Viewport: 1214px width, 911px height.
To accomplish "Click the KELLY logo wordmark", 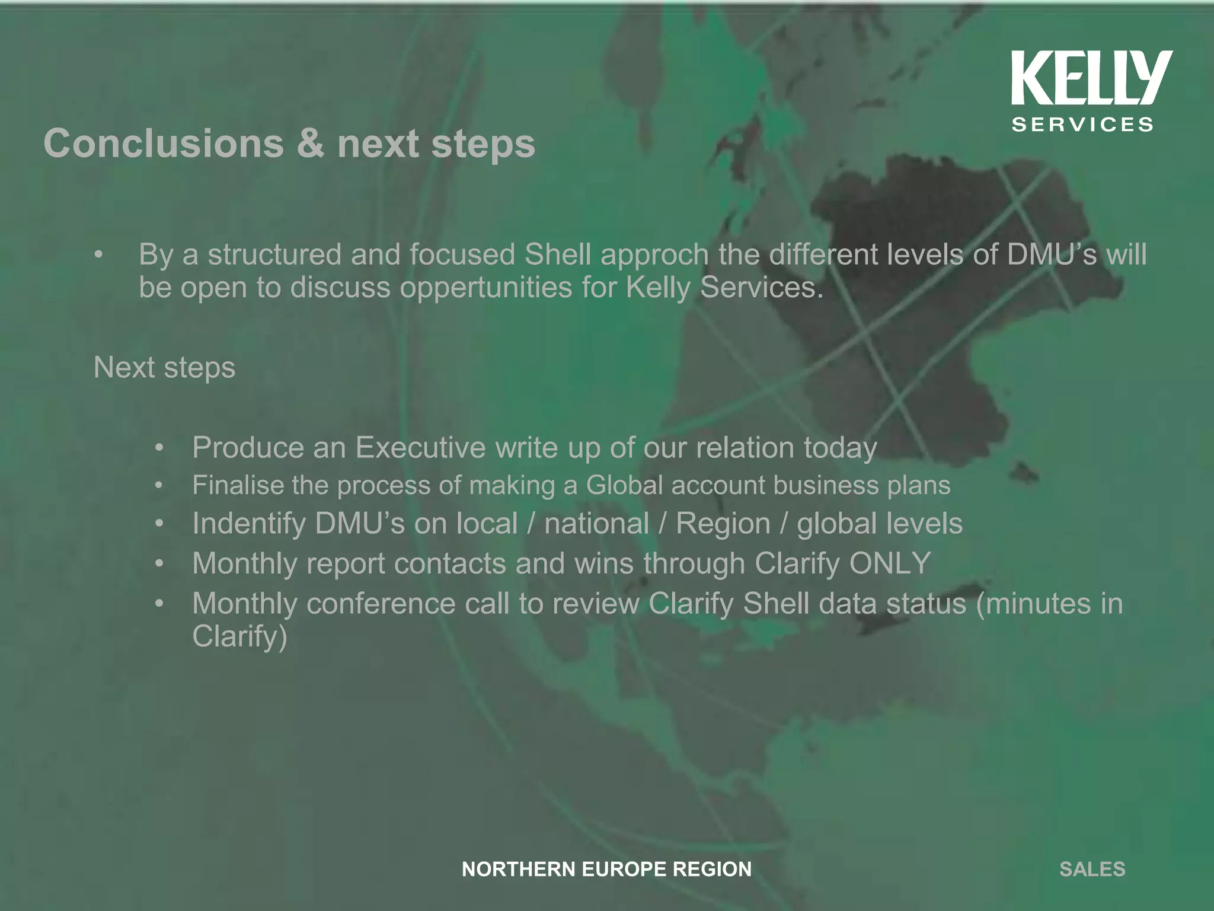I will [1091, 78].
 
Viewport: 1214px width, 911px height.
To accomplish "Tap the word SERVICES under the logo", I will [1082, 125].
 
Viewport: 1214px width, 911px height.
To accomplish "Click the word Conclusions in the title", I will [164, 144].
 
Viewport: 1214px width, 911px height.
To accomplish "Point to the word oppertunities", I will [486, 289].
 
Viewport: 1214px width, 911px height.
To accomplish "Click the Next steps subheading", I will [164, 368].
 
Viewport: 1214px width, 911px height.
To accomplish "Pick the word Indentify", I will [248, 524].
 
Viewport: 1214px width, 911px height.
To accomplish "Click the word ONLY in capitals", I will [890, 563].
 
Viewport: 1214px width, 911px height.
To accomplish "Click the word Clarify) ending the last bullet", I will [239, 637].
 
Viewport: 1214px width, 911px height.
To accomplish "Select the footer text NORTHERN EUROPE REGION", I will [606, 869].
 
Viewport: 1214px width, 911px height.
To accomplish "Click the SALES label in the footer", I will [1092, 869].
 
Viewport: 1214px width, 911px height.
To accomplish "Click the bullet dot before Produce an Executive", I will [158, 448].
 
